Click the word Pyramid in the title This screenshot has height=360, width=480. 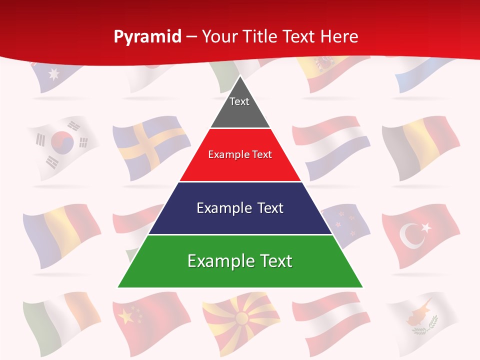click(147, 37)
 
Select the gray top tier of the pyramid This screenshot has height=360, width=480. click(240, 107)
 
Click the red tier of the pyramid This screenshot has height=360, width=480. click(240, 155)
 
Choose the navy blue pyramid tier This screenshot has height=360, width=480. click(240, 208)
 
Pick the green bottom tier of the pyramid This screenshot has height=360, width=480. click(240, 261)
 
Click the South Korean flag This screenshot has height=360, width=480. click(62, 146)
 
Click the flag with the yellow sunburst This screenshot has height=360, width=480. click(242, 318)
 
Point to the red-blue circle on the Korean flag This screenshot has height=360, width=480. click(62, 142)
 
